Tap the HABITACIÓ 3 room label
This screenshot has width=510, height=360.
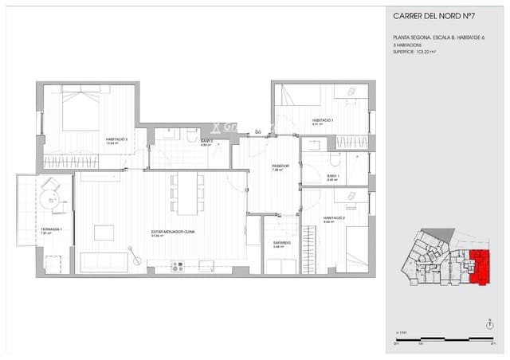coord(117,139)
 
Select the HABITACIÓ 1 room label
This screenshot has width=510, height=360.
coord(323,121)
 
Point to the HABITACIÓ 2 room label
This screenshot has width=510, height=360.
coord(334,217)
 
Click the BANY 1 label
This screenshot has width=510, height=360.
coord(333,177)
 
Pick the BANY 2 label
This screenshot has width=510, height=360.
coord(205,142)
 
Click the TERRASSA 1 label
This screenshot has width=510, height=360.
coord(51,230)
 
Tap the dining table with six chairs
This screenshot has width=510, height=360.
coord(187,194)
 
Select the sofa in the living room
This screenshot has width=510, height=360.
coord(104,262)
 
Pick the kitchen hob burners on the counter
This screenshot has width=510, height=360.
coord(177,266)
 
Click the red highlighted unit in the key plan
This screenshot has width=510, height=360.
coord(479,265)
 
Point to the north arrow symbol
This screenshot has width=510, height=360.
coord(488,323)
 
